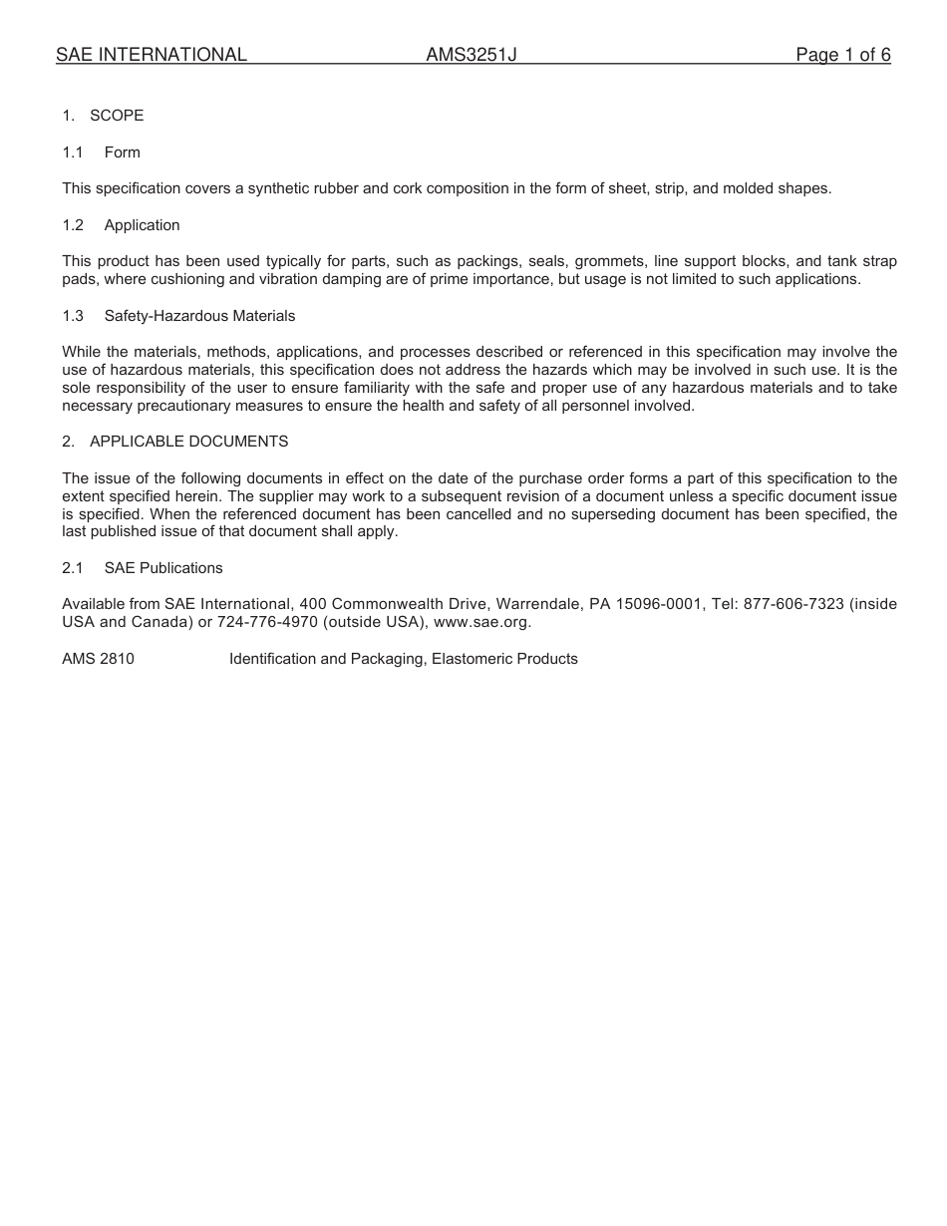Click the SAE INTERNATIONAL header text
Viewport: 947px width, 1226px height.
pos(152,55)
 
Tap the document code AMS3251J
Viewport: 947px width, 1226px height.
pos(472,55)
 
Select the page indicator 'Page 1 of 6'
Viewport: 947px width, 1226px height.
pos(842,55)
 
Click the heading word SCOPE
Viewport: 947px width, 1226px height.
pos(117,116)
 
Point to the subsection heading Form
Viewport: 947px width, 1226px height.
pos(123,153)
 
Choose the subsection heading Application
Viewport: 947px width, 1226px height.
pos(143,225)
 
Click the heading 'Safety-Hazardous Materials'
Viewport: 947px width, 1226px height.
pos(199,316)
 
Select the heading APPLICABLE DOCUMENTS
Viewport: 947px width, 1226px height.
pos(189,441)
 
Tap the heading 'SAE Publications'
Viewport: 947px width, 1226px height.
pos(163,568)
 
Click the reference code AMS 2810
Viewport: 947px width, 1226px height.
pos(98,659)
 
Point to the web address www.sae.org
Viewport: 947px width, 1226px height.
pos(483,622)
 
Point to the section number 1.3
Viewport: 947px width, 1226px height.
pos(73,316)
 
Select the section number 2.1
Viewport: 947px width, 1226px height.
pos(73,568)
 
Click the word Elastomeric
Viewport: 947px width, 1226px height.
pos(473,659)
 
